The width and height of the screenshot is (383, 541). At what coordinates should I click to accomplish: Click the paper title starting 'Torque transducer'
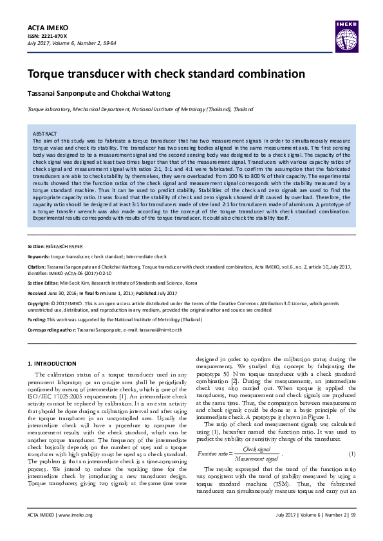(x=156, y=74)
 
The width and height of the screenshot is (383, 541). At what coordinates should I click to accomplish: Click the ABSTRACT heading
(x=44, y=133)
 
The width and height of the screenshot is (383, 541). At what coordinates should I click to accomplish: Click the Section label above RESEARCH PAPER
(x=35, y=246)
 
